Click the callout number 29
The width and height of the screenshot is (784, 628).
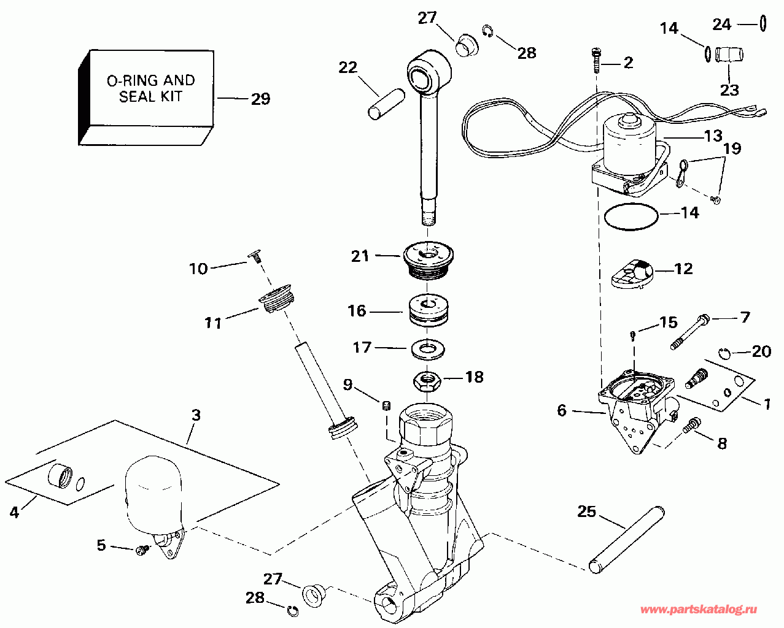click(261, 99)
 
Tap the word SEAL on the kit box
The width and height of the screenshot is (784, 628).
click(134, 96)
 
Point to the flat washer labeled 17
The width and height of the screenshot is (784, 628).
click(428, 349)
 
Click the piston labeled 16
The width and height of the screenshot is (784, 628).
click(429, 311)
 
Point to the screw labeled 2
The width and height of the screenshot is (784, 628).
click(596, 61)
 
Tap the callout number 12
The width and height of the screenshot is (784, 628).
click(683, 269)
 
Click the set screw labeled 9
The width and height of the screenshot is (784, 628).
click(387, 405)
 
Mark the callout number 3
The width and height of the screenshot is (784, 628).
click(196, 415)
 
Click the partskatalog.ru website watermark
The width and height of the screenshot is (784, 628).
click(699, 610)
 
